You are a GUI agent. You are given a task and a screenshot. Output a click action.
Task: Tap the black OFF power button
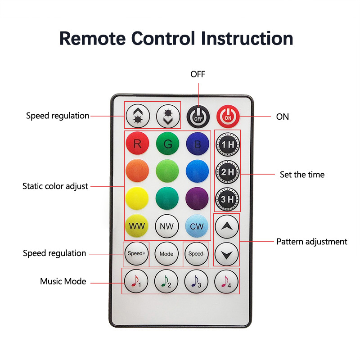point(198,117)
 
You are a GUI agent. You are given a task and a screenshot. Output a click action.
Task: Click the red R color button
point(137,143)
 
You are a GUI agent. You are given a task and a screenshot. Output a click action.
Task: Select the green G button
point(167,143)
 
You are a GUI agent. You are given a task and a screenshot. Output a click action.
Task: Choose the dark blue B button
point(198,144)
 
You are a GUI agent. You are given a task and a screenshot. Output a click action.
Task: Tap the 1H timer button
point(228,144)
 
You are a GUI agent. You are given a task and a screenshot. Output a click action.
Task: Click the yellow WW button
point(137,226)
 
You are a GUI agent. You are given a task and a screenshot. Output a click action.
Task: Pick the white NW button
point(167,226)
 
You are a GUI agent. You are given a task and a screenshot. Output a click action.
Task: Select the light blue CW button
point(197,226)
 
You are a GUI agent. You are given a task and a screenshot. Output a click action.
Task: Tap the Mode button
point(166,254)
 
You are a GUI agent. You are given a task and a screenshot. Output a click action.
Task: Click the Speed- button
point(197,254)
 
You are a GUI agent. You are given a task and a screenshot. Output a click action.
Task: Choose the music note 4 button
point(226,282)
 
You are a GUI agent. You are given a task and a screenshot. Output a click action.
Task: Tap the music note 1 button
point(136,281)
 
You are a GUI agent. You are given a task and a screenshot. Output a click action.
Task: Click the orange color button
point(137,171)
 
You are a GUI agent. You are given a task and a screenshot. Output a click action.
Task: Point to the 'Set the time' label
point(302,175)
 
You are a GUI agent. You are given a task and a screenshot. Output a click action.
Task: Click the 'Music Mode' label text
point(63,282)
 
